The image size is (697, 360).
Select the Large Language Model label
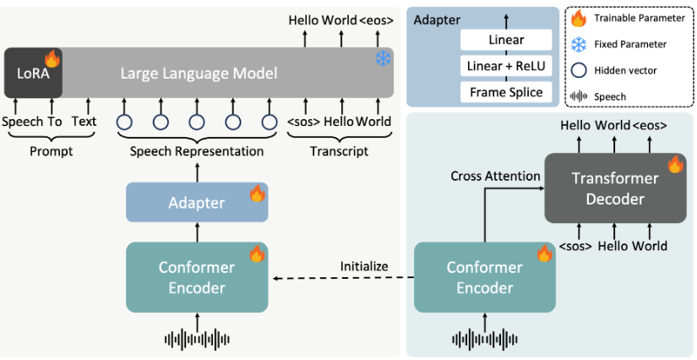point(198,74)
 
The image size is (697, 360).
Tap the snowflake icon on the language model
point(384,58)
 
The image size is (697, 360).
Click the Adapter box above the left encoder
point(197,203)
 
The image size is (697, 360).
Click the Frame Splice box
point(506,92)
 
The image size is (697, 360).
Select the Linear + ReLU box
point(506,66)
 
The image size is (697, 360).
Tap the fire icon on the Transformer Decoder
point(675,165)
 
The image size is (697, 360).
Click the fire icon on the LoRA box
point(52,58)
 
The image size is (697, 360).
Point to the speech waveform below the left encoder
point(197,338)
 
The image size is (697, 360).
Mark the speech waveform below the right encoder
point(485,339)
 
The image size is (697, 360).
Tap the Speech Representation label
point(197,151)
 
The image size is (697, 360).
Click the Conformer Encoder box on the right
point(485,277)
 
